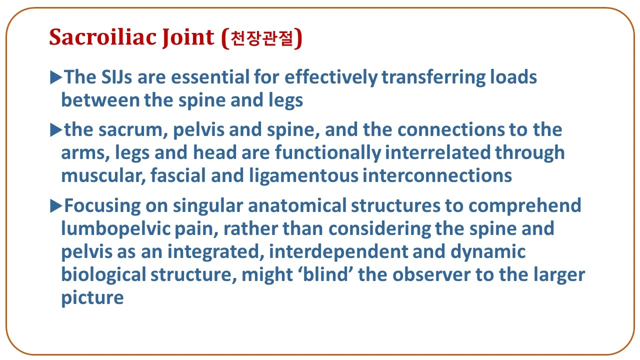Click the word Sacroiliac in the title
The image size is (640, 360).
click(103, 37)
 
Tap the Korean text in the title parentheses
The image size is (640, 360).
click(261, 38)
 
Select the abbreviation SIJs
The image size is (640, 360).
click(116, 77)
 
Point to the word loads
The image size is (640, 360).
click(513, 77)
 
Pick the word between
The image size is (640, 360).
click(100, 100)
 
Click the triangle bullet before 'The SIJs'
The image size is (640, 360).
click(56, 77)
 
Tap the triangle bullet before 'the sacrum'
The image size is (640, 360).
click(56, 129)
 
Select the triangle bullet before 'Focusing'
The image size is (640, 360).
click(56, 205)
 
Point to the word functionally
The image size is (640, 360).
click(328, 153)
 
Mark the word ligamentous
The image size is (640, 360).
click(303, 176)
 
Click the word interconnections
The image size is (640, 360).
click(437, 175)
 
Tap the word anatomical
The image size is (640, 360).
click(297, 205)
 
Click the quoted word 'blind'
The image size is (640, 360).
click(325, 274)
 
